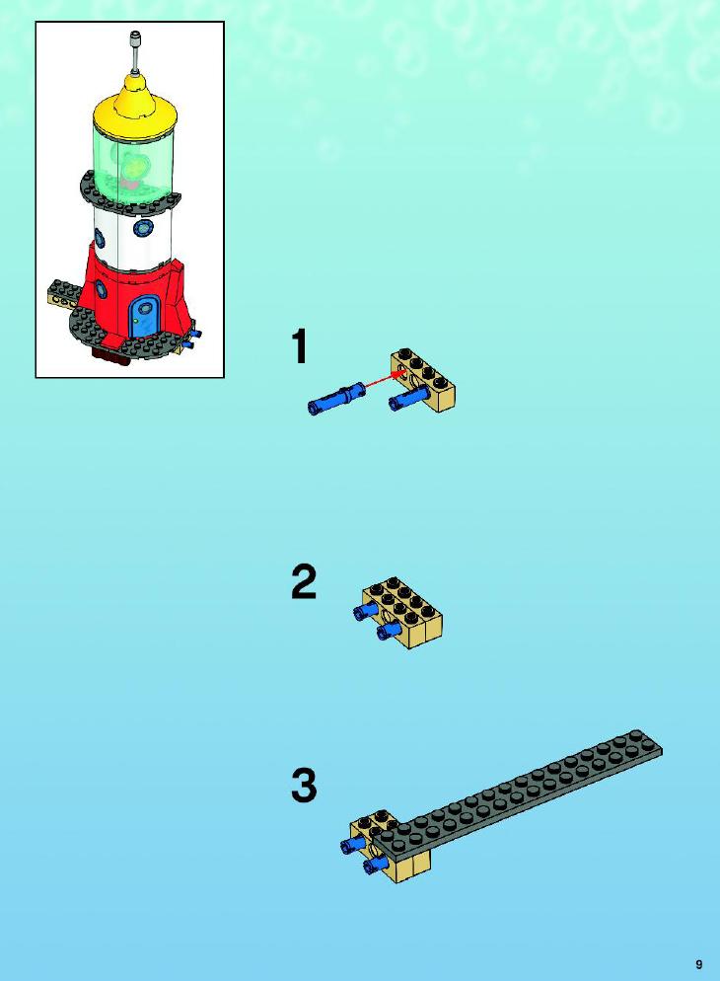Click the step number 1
[301, 346]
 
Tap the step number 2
[304, 582]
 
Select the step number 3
[304, 786]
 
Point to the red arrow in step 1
[384, 380]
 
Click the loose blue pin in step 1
[335, 399]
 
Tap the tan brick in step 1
[424, 380]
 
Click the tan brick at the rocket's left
[64, 295]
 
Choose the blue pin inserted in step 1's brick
[408, 398]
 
